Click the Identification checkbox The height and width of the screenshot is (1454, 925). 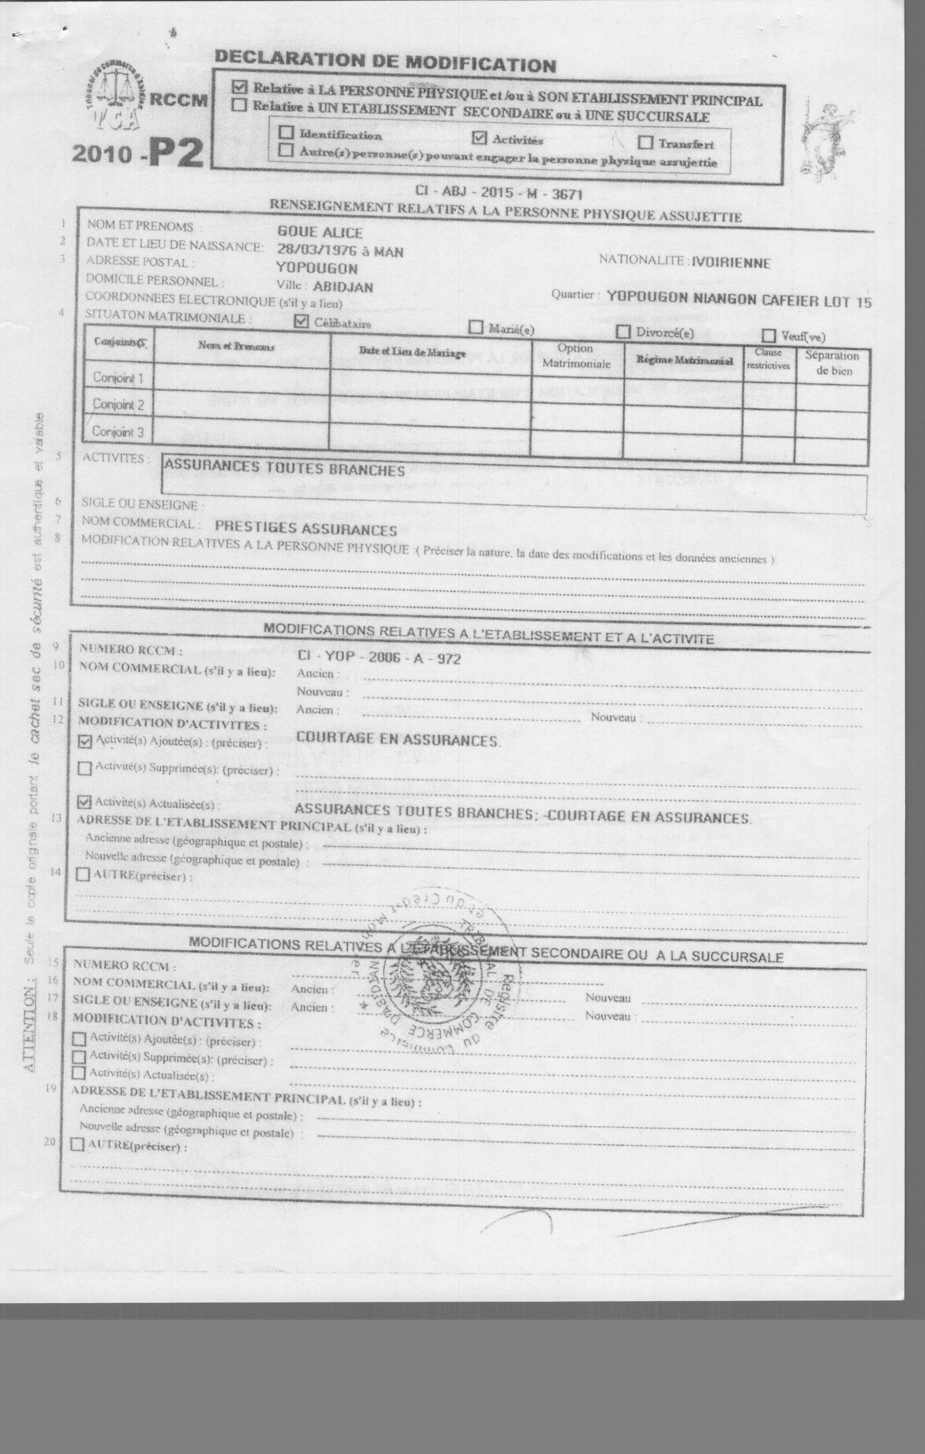click(287, 132)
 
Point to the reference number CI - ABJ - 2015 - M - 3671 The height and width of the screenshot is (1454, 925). click(498, 192)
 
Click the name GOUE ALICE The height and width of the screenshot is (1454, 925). click(319, 232)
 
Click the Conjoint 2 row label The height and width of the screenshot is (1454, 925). click(118, 404)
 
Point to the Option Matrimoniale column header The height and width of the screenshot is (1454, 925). click(576, 356)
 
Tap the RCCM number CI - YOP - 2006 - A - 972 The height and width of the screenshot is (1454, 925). click(379, 657)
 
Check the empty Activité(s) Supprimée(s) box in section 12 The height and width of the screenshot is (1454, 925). click(85, 769)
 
